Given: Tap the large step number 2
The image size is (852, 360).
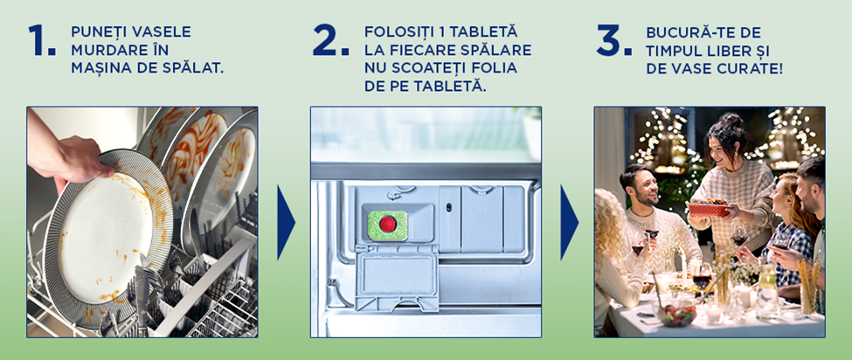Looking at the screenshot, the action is click(x=330, y=40).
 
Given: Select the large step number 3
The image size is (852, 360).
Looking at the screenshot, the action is click(x=613, y=40).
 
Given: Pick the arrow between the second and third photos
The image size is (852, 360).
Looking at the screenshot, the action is click(x=569, y=223).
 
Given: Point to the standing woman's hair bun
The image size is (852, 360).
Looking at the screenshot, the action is click(x=731, y=120).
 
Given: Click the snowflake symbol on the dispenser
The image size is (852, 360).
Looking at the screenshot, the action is click(x=482, y=218).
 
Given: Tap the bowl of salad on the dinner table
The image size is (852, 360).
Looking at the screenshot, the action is click(x=676, y=315).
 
